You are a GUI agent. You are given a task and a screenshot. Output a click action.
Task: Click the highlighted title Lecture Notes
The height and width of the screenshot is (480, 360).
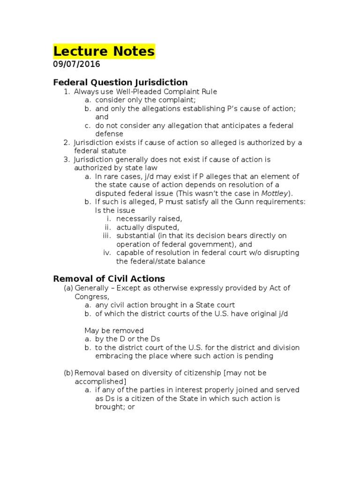pyautogui.click(x=104, y=51)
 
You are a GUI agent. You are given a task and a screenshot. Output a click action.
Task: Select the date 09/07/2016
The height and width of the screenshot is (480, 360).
pyautogui.click(x=76, y=65)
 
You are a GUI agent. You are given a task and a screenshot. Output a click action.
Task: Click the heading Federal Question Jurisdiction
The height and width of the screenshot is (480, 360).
pyautogui.click(x=120, y=82)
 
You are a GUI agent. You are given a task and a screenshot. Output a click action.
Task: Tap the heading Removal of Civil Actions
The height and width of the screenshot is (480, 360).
pyautogui.click(x=109, y=278)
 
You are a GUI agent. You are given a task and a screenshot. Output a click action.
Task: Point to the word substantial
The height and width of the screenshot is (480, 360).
pyautogui.click(x=136, y=236)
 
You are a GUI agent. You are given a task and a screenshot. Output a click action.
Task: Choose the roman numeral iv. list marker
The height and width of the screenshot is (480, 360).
pyautogui.click(x=107, y=253)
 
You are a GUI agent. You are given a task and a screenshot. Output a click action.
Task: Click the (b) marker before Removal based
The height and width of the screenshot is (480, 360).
pyautogui.click(x=68, y=373)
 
